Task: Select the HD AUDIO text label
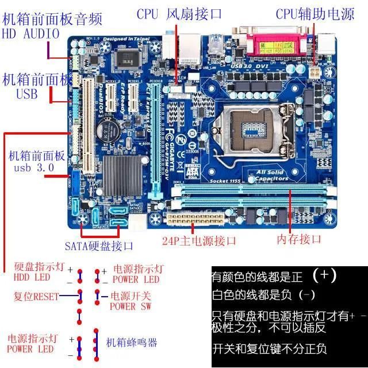point(31,33)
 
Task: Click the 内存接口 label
point(299,239)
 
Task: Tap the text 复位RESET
point(36,296)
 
